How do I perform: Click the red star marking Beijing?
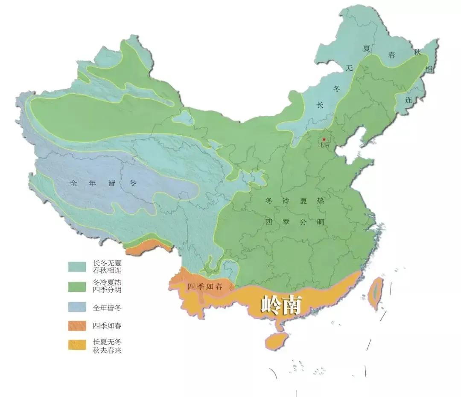pyautogui.click(x=324, y=140)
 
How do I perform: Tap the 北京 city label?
pyautogui.click(x=324, y=145)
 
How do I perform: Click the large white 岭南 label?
pyautogui.click(x=281, y=305)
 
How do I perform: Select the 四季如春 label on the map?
pyautogui.click(x=205, y=287)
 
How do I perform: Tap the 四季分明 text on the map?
pyautogui.click(x=295, y=222)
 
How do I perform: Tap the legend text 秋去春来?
pyautogui.click(x=104, y=350)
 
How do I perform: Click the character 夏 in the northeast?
pyautogui.click(x=366, y=49)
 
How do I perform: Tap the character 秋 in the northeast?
pyautogui.click(x=417, y=52)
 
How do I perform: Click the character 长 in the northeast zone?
pyautogui.click(x=320, y=105)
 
